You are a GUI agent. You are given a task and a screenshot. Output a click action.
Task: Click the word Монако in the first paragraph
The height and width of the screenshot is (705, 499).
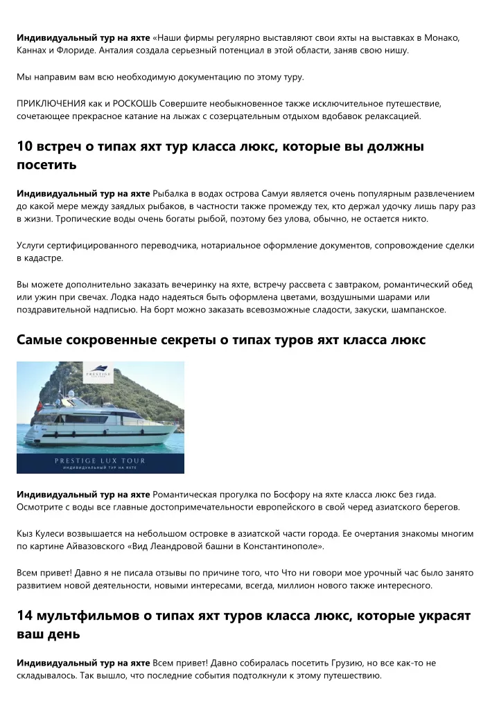(441, 37)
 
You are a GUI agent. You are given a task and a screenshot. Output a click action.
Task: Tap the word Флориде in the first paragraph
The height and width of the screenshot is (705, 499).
(72, 51)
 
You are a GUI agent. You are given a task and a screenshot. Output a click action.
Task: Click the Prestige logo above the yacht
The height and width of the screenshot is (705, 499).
(98, 373)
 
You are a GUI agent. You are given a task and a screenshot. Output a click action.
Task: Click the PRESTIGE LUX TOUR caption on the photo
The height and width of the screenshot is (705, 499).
(100, 460)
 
